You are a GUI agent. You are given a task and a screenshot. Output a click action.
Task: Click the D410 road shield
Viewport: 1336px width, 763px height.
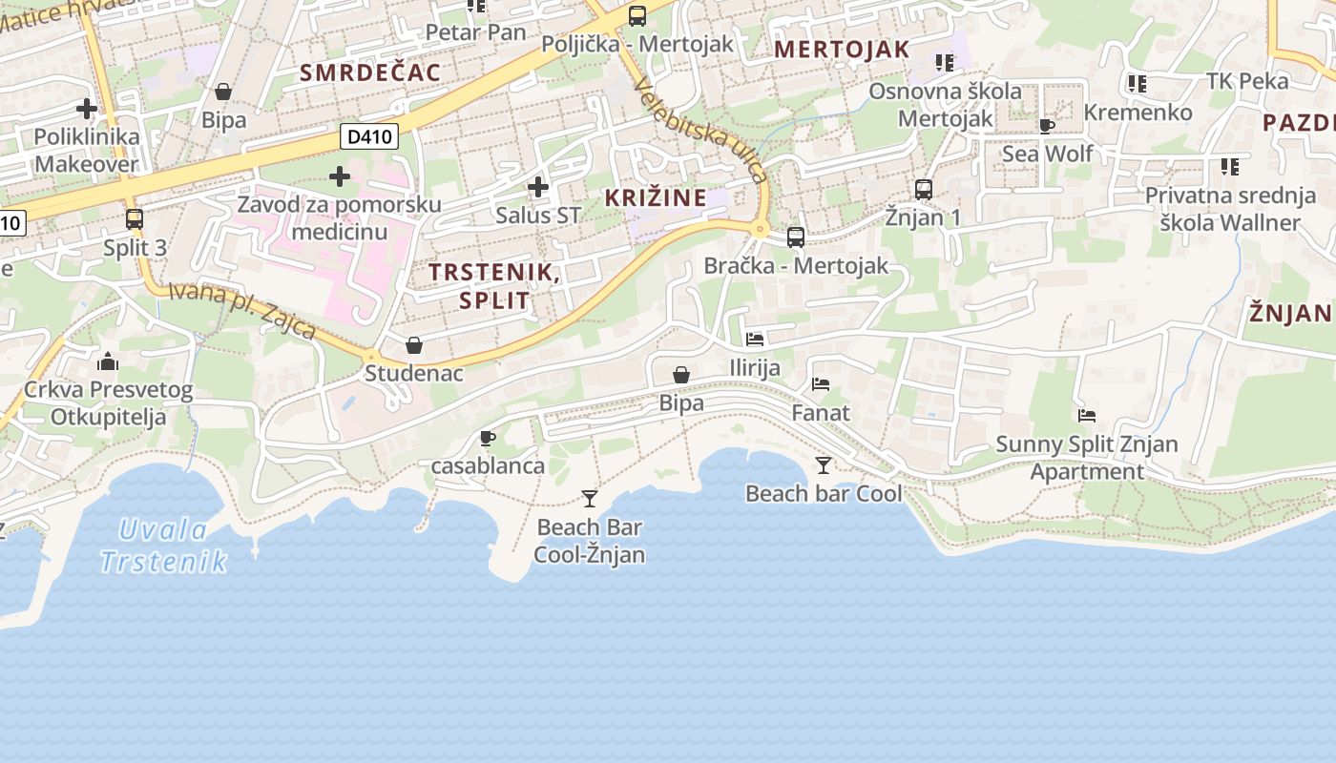369,136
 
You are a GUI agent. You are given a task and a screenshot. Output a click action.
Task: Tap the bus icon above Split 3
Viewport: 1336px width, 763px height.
135,218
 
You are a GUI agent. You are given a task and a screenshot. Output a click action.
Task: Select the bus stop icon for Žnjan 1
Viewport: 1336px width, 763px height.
923,189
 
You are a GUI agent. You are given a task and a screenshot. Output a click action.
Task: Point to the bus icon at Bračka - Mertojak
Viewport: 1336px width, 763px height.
796,237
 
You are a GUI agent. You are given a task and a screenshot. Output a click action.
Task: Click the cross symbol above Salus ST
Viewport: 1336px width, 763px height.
538,187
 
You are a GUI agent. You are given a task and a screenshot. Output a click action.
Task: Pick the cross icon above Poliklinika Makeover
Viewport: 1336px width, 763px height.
87,109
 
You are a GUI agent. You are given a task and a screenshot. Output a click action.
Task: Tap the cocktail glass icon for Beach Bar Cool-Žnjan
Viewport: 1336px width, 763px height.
590,498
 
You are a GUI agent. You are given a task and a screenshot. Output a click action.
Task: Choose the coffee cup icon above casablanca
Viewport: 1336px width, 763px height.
488,438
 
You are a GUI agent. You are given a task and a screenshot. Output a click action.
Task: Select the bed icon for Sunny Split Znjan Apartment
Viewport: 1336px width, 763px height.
1086,415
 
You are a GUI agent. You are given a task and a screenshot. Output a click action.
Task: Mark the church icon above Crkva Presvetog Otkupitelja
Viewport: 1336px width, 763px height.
108,361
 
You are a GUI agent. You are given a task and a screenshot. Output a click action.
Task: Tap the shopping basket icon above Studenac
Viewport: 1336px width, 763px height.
414,344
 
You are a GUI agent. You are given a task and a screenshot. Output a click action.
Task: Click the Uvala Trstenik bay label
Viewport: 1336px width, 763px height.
163,546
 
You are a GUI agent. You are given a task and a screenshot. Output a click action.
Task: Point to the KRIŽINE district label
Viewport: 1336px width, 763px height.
657,198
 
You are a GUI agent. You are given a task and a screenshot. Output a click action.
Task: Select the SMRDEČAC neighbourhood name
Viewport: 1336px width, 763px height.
370,72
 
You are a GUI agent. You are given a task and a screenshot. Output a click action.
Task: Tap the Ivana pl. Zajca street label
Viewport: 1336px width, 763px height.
242,308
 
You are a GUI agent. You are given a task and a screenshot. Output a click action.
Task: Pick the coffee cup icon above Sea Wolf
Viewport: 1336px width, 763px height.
1047,126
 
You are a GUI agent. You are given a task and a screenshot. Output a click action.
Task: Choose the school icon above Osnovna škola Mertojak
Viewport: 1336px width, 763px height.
945,63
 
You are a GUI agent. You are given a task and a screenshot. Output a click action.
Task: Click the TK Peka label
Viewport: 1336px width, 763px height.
1247,81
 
